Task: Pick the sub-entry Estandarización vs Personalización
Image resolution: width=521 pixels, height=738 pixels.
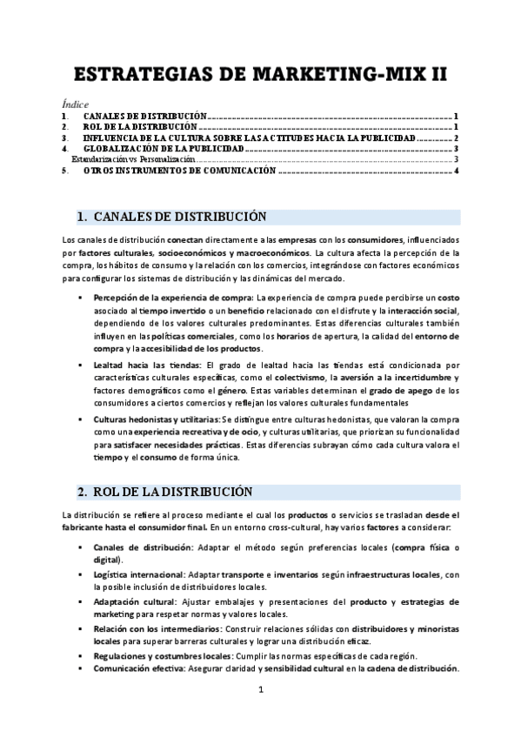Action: [133, 160]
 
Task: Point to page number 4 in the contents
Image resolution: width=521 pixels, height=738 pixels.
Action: [456, 171]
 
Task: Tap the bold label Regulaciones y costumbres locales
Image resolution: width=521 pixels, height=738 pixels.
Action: [161, 655]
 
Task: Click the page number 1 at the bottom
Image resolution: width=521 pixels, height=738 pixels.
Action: [260, 691]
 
